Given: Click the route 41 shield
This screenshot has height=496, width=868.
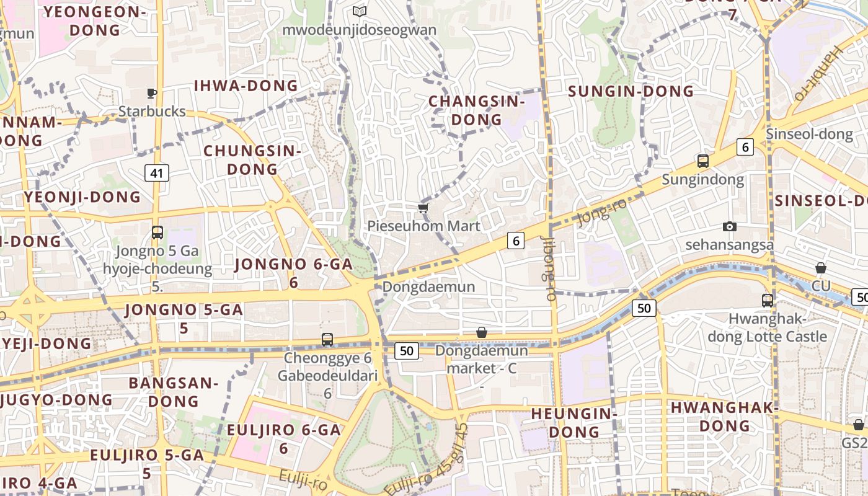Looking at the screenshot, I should tap(157, 173).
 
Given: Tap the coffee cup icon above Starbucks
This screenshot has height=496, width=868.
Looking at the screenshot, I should tap(152, 94).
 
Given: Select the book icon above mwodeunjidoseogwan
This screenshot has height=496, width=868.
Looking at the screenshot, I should tap(360, 11).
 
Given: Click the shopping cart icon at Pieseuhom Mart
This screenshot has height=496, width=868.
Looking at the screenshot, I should tap(423, 208).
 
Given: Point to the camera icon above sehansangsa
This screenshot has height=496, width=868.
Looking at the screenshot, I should tap(730, 227).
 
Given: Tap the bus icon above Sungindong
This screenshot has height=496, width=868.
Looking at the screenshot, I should tap(702, 161).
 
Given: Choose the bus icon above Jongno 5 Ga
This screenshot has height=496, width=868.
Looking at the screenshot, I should tap(157, 232).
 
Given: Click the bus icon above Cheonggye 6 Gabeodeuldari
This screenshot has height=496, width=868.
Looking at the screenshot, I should tap(327, 340).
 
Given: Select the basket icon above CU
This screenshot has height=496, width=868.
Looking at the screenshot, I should tap(821, 268).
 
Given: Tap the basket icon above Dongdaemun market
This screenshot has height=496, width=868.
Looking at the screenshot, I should tap(482, 333).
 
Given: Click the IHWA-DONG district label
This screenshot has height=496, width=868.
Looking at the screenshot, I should tap(246, 86).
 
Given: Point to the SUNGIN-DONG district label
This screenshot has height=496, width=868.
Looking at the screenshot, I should tap(631, 91).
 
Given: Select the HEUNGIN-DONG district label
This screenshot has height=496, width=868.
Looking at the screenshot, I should tap(574, 422).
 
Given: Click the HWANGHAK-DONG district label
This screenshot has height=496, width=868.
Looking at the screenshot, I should tap(724, 417).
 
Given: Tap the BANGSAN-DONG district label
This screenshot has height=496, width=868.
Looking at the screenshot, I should tap(173, 392).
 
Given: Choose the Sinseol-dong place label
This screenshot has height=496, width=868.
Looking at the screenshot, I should tap(801, 134).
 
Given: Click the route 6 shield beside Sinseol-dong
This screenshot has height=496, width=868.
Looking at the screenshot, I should tap(745, 147).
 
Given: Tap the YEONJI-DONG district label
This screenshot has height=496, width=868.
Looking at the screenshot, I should tap(82, 197).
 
